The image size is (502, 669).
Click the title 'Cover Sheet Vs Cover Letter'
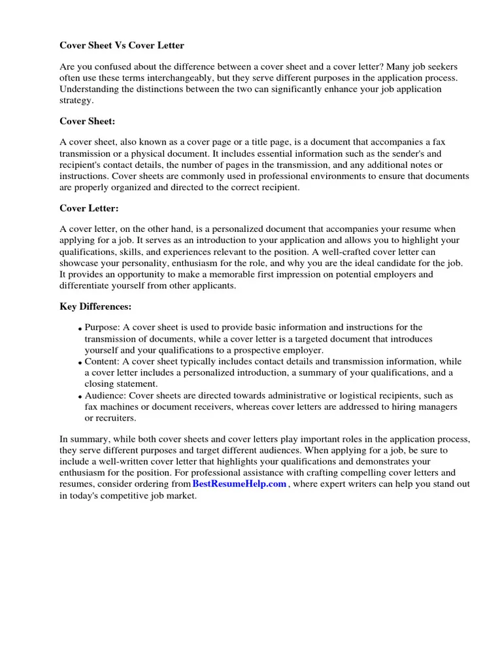[x=122, y=45]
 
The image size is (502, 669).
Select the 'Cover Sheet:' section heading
[x=88, y=121]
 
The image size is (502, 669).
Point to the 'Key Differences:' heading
[x=95, y=306]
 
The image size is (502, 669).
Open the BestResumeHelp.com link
[x=239, y=483]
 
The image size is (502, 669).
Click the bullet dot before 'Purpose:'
[x=80, y=329]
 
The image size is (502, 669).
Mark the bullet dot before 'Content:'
[x=80, y=363]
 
